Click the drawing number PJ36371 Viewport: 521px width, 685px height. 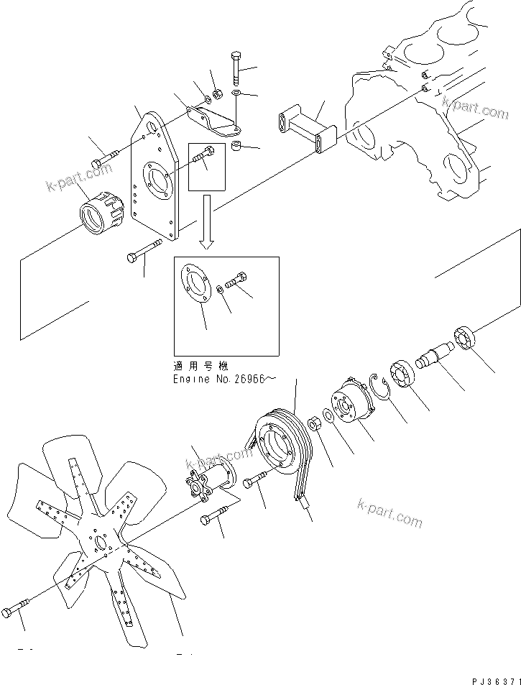tap(488, 678)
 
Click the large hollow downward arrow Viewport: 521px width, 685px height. tap(206, 221)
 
